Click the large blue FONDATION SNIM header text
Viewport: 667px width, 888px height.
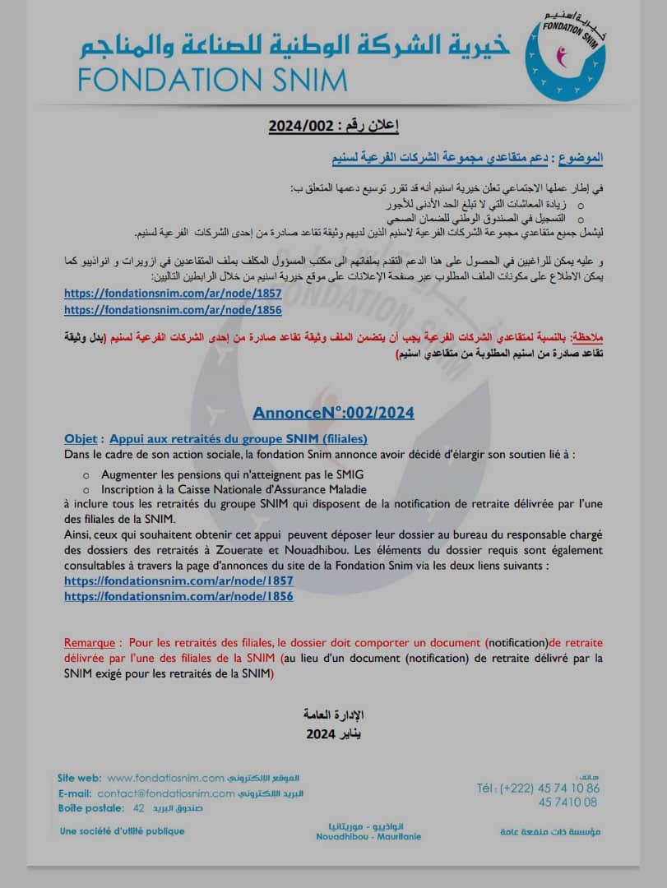(213, 79)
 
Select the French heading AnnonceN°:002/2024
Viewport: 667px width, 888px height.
(333, 413)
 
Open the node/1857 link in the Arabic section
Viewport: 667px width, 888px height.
(173, 293)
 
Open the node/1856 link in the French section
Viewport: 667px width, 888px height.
(178, 597)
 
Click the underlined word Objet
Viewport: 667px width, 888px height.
(82, 439)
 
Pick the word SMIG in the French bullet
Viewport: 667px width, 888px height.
(345, 474)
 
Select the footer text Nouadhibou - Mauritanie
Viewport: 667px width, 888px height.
(368, 836)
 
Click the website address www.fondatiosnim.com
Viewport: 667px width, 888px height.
(165, 778)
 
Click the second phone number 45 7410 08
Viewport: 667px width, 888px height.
(568, 802)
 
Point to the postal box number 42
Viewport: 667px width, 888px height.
(138, 809)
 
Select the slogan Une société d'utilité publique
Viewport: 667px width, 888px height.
(122, 831)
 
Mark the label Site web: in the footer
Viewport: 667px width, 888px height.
(79, 778)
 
